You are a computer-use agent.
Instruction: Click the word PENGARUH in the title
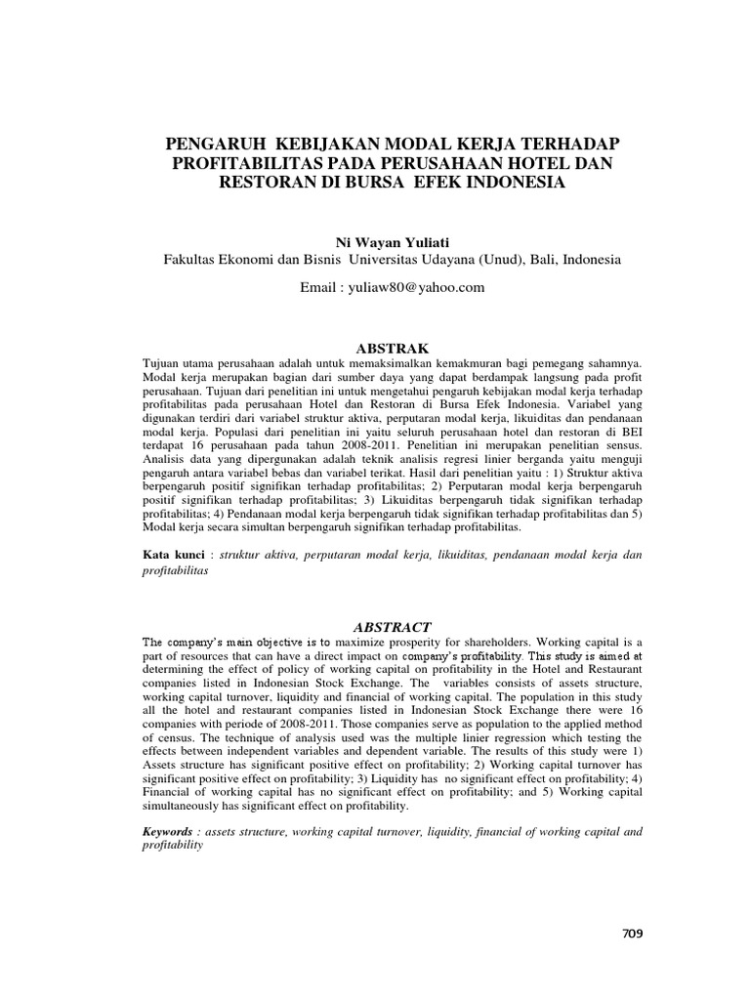pyautogui.click(x=211, y=144)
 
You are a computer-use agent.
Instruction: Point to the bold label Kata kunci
pyautogui.click(x=174, y=555)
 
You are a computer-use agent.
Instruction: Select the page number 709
pyautogui.click(x=632, y=933)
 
